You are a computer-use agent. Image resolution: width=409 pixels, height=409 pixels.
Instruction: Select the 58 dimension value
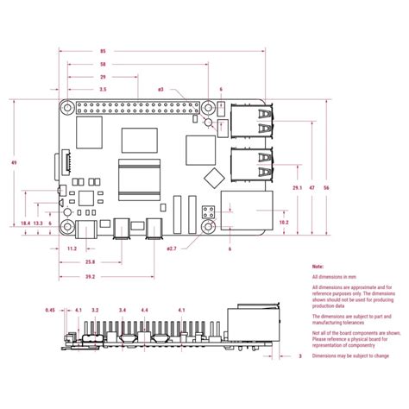(x=103, y=64)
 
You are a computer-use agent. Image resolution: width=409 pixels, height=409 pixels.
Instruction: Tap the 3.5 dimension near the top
(x=103, y=90)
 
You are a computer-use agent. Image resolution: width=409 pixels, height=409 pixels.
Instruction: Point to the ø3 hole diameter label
(x=160, y=90)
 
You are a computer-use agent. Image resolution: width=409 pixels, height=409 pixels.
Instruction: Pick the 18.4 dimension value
(x=26, y=223)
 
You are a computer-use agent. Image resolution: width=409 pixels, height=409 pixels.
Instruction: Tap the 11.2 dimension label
(x=72, y=249)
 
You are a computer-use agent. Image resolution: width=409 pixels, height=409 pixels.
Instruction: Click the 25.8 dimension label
(x=90, y=261)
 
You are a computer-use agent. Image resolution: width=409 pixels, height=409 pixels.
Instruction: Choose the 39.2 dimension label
(x=90, y=277)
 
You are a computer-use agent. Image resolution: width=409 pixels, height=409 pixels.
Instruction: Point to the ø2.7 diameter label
(x=172, y=249)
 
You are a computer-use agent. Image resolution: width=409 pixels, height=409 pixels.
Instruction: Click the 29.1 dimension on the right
(x=297, y=187)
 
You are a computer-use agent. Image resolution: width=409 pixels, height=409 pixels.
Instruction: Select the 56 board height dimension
(x=326, y=187)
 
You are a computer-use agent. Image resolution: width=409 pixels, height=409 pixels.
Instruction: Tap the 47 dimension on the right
(x=312, y=187)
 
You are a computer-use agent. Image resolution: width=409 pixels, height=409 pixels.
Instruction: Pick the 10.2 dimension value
(x=284, y=223)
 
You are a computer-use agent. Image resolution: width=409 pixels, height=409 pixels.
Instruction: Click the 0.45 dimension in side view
(x=51, y=310)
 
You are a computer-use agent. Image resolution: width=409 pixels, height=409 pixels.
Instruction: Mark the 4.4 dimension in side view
(x=144, y=310)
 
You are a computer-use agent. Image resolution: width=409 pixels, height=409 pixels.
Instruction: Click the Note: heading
(x=318, y=268)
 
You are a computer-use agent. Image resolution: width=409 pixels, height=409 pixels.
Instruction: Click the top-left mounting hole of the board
(x=66, y=109)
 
